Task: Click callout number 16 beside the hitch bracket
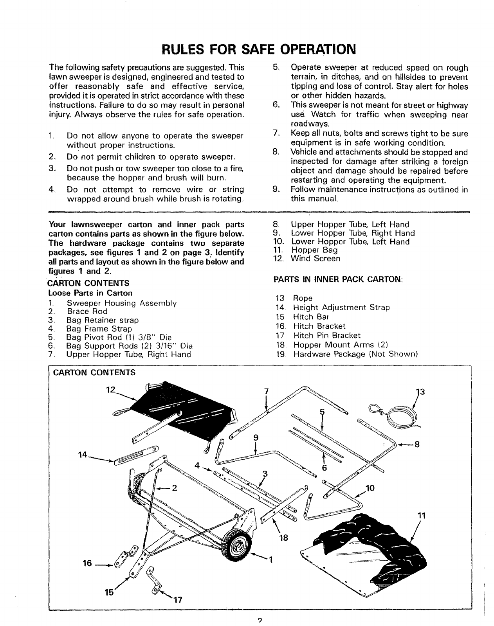(87, 563)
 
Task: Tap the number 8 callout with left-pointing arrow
(417, 444)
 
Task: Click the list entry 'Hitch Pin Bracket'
(327, 335)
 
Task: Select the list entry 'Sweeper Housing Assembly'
(122, 303)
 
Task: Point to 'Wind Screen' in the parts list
(316, 259)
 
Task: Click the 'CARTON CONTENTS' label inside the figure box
(94, 372)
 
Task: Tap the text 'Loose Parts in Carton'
(90, 293)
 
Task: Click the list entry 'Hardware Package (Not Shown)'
(356, 354)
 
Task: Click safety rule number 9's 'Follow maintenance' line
(379, 190)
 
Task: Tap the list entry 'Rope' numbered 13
(303, 299)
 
